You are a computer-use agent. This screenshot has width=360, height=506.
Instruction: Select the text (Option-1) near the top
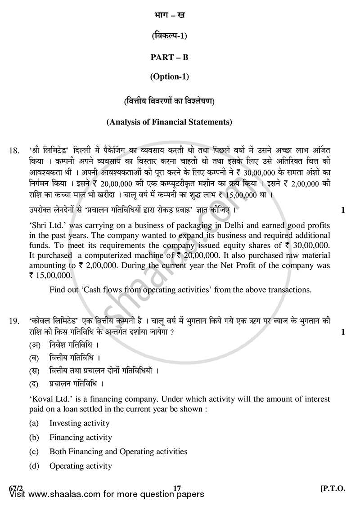[x=169, y=77]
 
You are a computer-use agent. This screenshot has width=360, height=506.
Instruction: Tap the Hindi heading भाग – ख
[x=169, y=15]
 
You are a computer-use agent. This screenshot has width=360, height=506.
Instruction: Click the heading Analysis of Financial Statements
[x=169, y=121]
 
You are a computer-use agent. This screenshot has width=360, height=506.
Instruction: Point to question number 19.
[x=14, y=321]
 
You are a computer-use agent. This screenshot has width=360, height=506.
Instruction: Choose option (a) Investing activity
[x=79, y=423]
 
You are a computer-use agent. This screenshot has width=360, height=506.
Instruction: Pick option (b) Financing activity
[x=81, y=437]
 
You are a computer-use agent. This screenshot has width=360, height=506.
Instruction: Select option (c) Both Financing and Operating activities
[x=118, y=452]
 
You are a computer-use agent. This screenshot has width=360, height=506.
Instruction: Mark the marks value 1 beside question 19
[x=343, y=332]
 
